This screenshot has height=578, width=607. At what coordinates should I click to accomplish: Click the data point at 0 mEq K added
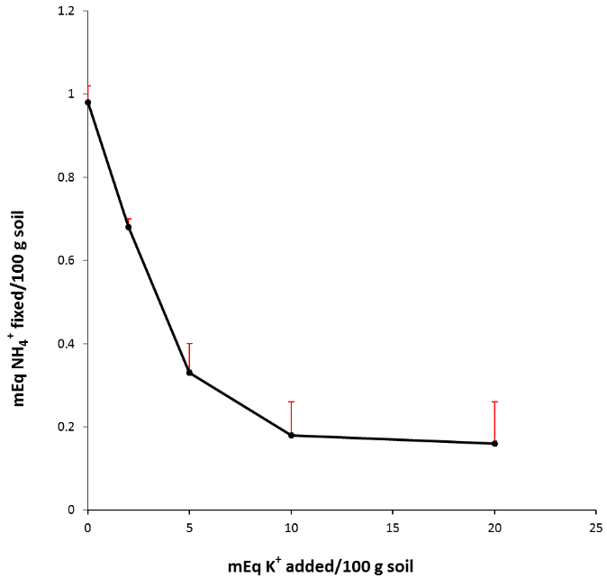87,103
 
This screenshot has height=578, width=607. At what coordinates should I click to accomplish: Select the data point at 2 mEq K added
128,227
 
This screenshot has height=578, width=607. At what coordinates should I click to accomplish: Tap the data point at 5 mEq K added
189,373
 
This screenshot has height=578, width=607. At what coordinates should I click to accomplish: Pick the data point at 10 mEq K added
291,435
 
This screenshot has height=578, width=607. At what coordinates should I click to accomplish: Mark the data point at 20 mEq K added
494,443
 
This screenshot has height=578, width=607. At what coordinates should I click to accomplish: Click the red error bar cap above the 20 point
494,402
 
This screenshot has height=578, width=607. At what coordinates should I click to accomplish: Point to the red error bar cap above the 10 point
291,402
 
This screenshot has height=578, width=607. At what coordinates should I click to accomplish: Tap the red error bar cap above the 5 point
189,344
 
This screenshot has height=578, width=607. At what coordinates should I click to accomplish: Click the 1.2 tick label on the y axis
68,11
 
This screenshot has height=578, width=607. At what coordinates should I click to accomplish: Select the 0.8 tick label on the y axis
68,177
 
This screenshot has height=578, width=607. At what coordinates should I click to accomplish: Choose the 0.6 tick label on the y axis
68,260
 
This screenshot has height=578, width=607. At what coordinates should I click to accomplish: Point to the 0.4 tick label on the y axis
68,344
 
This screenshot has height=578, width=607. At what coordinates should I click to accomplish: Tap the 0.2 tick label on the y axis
68,427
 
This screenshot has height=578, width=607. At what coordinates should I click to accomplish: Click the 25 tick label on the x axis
596,525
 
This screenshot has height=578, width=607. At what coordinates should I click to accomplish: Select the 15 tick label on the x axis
393,525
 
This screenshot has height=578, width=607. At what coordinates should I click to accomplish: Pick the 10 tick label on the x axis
291,525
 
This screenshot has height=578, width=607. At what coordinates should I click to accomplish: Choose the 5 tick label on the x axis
189,525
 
